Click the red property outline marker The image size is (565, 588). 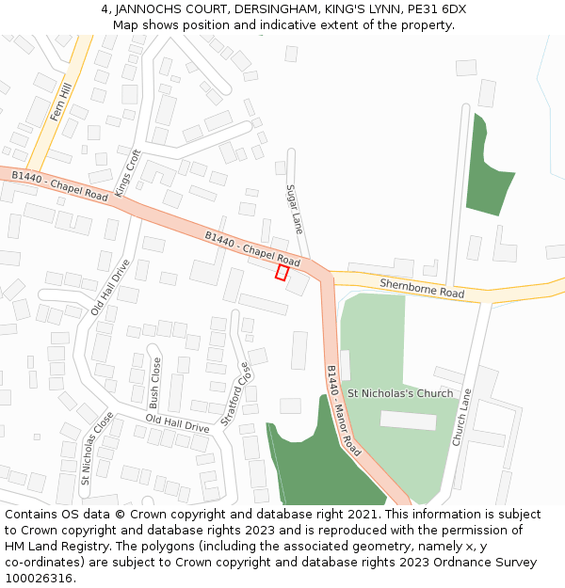281,272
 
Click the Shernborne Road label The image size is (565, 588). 422,288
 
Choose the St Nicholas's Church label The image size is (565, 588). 400,393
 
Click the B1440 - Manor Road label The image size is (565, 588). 343,410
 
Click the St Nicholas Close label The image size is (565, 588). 96,448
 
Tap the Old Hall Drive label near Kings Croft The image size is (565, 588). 109,288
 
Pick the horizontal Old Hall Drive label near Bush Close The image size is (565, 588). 178,423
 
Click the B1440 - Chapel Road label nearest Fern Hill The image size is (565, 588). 60,185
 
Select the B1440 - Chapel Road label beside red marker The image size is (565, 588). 252,248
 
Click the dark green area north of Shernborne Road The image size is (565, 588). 485,179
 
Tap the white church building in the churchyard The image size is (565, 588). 408,420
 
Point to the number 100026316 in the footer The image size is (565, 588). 37,578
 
